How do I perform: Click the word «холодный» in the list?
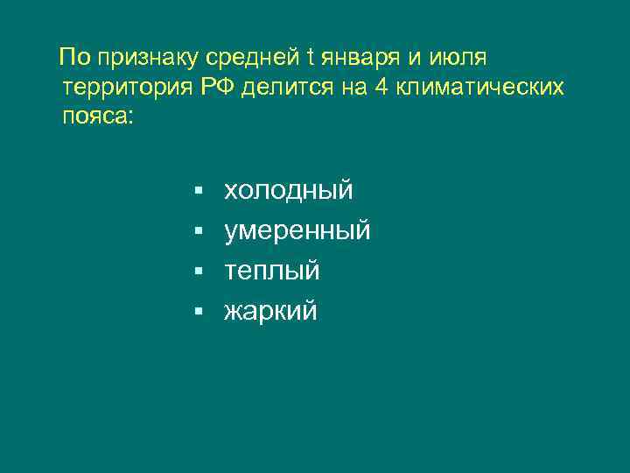click(288, 190)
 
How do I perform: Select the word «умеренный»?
click(297, 231)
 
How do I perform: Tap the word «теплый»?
click(271, 272)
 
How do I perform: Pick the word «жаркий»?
click(270, 311)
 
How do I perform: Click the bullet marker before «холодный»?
click(199, 190)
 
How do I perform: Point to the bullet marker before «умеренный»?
click(199, 231)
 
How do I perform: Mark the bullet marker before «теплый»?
click(199, 272)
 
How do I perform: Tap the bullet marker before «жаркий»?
click(199, 312)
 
